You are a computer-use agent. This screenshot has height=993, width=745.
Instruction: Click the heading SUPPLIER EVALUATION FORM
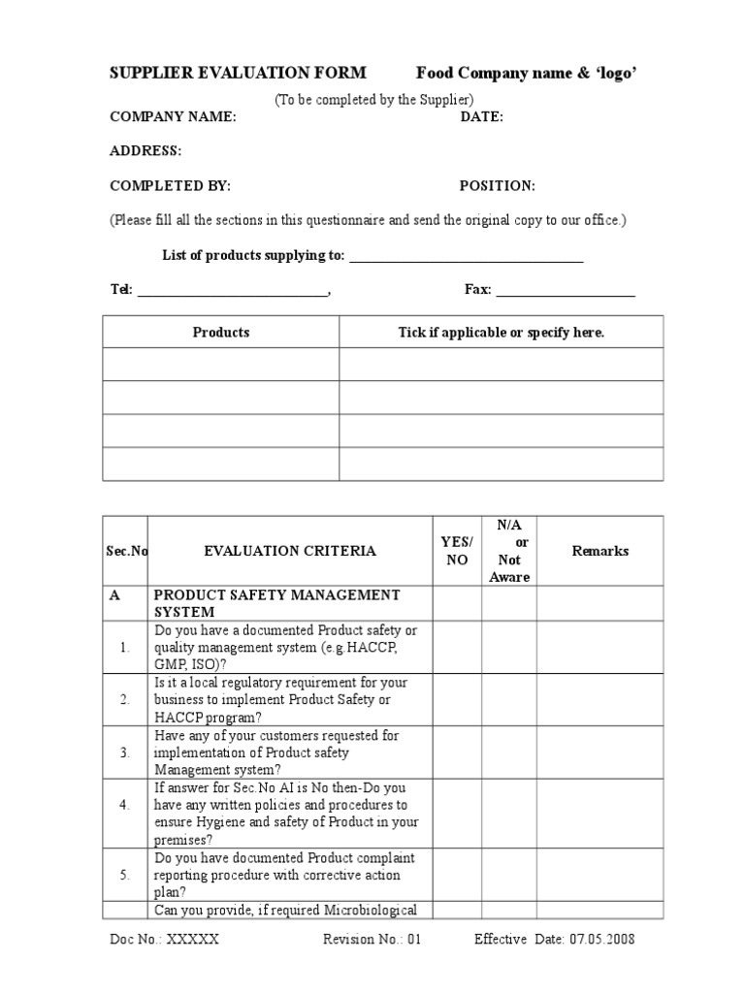pos(238,73)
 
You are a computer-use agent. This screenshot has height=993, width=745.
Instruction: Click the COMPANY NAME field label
pos(172,116)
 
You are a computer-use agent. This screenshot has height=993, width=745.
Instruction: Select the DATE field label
pos(481,116)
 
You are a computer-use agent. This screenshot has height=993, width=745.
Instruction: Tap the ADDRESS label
pos(145,151)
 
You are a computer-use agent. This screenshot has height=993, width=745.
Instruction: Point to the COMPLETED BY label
pos(170,186)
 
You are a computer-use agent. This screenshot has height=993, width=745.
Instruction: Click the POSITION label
pos(497,186)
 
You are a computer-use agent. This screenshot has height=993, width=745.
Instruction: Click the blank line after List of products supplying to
pos(466,258)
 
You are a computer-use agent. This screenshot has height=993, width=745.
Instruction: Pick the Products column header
pos(220,333)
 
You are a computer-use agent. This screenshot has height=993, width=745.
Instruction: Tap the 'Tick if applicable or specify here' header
pos(501,333)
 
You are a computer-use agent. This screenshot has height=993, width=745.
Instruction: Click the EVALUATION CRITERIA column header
pos(290,551)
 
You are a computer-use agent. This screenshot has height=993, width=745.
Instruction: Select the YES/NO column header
pos(457,551)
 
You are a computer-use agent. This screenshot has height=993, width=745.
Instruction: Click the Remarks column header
pos(599,551)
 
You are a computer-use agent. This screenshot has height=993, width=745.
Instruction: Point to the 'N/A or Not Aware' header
pos(509,551)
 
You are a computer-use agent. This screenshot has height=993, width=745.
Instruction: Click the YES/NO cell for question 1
pos(457,647)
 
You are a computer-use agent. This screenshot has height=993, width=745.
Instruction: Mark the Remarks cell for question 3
pos(599,753)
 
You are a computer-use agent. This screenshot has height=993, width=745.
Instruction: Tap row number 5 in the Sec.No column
pos(125,875)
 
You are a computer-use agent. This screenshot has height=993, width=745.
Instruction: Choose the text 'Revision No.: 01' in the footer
pos(372,940)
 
